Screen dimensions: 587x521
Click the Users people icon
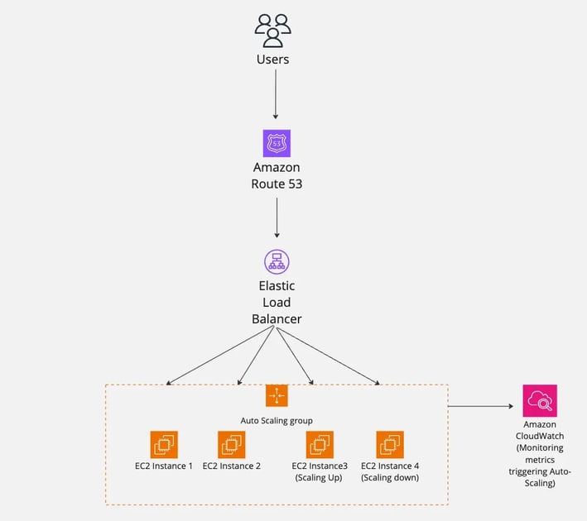pyautogui.click(x=273, y=31)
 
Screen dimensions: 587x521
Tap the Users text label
pyautogui.click(x=273, y=60)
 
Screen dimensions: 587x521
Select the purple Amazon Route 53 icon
pyautogui.click(x=277, y=143)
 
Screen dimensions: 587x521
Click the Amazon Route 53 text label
pyautogui.click(x=277, y=175)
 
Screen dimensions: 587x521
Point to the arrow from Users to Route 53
pyautogui.click(x=276, y=94)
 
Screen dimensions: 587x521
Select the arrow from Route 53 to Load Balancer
pyautogui.click(x=277, y=217)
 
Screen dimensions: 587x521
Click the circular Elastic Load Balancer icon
pyautogui.click(x=277, y=262)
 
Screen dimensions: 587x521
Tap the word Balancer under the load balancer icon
pyautogui.click(x=277, y=319)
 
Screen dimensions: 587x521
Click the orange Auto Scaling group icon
pyautogui.click(x=277, y=395)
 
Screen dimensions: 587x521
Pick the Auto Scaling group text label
pyautogui.click(x=277, y=421)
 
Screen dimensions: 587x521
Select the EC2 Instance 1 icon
pyautogui.click(x=164, y=444)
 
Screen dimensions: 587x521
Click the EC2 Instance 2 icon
pyautogui.click(x=231, y=444)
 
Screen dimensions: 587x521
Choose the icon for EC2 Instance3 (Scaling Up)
pyautogui.click(x=320, y=444)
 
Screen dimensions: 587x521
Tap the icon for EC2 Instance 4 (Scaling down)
pyautogui.click(x=390, y=444)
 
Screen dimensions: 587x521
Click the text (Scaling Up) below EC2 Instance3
pyautogui.click(x=319, y=478)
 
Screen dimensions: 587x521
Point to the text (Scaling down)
pyautogui.click(x=390, y=478)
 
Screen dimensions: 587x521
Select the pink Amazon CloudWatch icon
pyautogui.click(x=540, y=400)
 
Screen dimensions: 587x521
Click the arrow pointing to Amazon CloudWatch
pyautogui.click(x=481, y=406)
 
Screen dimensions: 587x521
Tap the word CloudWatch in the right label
pyautogui.click(x=540, y=436)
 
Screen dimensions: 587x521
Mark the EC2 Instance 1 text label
pyautogui.click(x=164, y=466)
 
